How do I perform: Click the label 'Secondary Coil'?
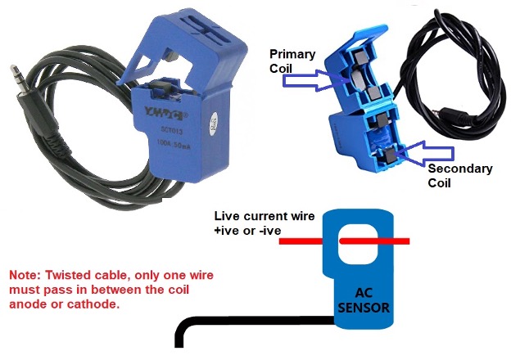pyautogui.click(x=461, y=176)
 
